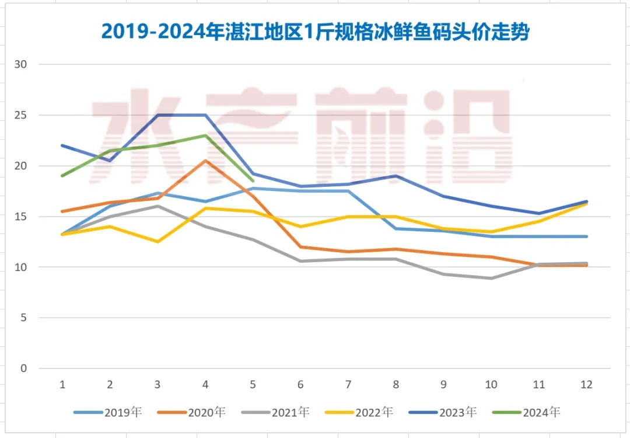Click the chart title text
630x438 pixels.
pyautogui.click(x=315, y=32)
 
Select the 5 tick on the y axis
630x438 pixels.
pyautogui.click(x=23, y=318)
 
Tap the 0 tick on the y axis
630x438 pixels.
pyautogui.click(x=23, y=369)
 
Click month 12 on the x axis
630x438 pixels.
pyautogui.click(x=586, y=385)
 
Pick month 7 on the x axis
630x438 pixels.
pyautogui.click(x=348, y=385)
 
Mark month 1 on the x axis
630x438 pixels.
pyautogui.click(x=62, y=385)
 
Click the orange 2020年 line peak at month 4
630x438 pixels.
pyautogui.click(x=205, y=161)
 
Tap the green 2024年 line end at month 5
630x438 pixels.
pyautogui.click(x=253, y=181)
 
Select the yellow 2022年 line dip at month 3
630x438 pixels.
pyautogui.click(x=157, y=242)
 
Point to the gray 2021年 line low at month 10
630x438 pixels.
pyautogui.click(x=491, y=278)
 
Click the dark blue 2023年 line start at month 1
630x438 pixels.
pyautogui.click(x=62, y=145)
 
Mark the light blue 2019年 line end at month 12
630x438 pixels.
pyautogui.click(x=586, y=237)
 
